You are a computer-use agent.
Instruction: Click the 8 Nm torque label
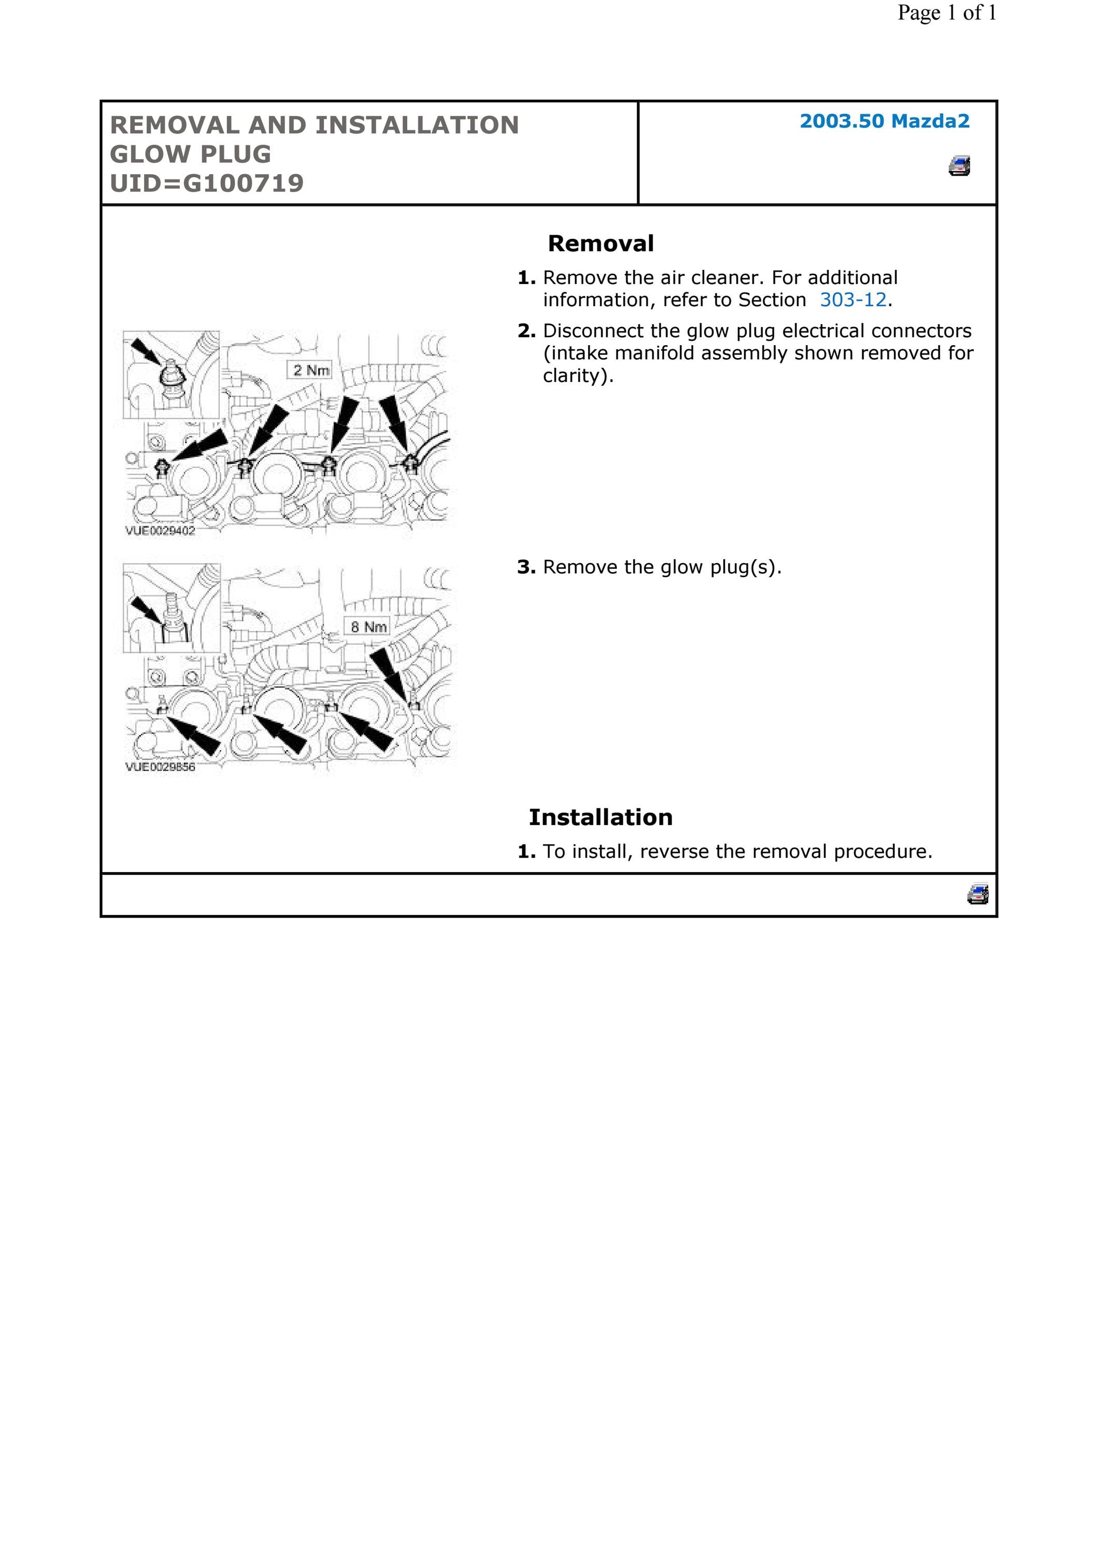tap(368, 627)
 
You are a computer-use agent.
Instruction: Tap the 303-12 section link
tap(853, 300)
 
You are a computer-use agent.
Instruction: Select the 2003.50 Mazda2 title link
tap(884, 121)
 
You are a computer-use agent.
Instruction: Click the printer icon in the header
tap(960, 166)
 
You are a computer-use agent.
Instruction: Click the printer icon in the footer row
tap(978, 893)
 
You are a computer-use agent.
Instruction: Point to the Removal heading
tap(601, 244)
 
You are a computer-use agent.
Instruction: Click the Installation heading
tap(601, 818)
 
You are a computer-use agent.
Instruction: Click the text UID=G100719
tap(207, 183)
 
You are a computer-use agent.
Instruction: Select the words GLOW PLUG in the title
tap(191, 154)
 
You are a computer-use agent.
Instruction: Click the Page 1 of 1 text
tap(947, 13)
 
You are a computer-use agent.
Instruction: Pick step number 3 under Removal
tap(526, 567)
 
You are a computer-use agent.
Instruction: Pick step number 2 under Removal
tap(526, 331)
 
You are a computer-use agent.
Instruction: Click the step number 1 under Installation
tap(526, 851)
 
